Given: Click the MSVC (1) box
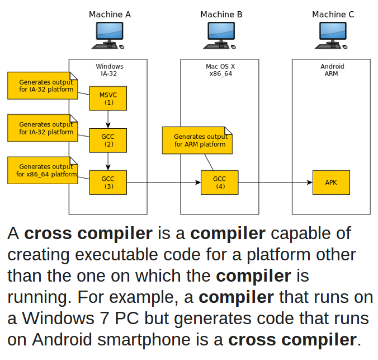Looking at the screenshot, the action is [108, 99].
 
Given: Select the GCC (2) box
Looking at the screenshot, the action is [108, 141].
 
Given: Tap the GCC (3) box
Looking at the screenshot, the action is [108, 183].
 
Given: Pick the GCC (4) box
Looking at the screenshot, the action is [220, 183].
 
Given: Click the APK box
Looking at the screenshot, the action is [331, 183].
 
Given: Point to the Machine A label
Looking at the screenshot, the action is [110, 15].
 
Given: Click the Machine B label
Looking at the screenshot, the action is [221, 15].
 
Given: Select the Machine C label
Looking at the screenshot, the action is [333, 15].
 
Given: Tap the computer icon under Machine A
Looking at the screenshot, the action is [108, 35].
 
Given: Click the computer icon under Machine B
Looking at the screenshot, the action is [220, 35].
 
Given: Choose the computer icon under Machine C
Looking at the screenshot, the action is [332, 35].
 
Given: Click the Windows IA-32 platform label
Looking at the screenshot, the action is [109, 70].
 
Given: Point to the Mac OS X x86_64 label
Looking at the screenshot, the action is [220, 70].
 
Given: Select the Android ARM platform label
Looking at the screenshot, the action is [332, 70].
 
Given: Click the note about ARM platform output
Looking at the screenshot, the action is [197, 141].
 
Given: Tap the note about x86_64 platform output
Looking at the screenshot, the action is [42, 170].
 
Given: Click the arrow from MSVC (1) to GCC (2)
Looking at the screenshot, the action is [108, 119].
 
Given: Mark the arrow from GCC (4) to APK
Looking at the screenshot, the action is [275, 183].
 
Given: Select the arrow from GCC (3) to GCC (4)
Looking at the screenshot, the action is [164, 183].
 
